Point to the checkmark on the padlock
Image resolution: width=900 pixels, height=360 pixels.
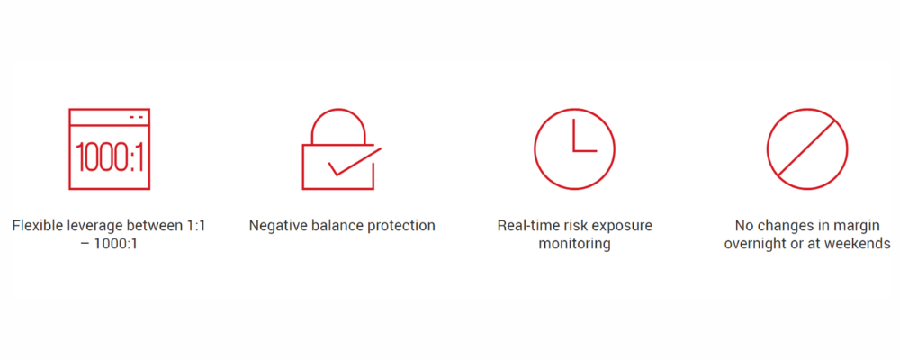(355, 162)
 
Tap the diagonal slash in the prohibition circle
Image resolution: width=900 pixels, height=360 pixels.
(807, 148)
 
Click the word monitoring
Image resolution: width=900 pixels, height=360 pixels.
(574, 244)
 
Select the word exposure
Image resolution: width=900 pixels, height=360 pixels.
(625, 226)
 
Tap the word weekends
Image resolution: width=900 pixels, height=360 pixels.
(863, 243)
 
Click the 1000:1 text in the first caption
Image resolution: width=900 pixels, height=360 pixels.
(117, 243)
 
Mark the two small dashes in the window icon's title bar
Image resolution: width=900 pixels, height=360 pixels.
(136, 117)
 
